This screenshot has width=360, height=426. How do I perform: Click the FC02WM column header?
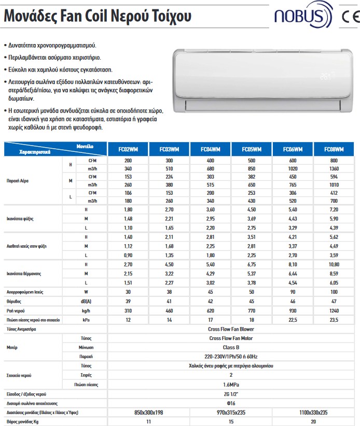(x=128, y=149)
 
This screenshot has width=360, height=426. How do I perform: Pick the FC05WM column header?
(x=252, y=149)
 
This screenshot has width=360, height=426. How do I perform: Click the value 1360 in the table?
(x=334, y=168)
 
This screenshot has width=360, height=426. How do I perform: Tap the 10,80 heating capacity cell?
(x=334, y=264)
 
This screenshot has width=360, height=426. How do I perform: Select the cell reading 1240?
(x=334, y=310)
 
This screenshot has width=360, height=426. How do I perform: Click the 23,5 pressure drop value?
(x=334, y=320)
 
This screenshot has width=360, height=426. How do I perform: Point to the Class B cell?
(x=231, y=347)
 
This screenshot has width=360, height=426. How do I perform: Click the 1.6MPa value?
(x=231, y=384)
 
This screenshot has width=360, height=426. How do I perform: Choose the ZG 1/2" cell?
(x=231, y=394)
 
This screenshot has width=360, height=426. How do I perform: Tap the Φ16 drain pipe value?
(x=231, y=403)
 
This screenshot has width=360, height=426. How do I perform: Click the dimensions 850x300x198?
(x=148, y=412)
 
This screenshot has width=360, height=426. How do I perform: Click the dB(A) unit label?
(x=86, y=301)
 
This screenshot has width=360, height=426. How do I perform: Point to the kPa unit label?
(x=86, y=320)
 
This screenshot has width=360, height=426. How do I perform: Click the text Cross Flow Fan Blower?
(x=231, y=329)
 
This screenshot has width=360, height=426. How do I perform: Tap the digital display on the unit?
(x=325, y=77)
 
